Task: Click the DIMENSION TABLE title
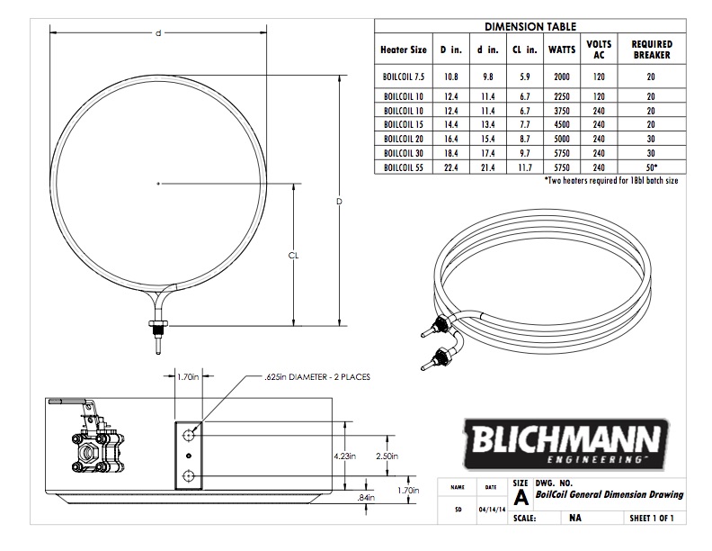tap(530, 26)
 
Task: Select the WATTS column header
tap(562, 50)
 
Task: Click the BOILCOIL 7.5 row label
tap(404, 77)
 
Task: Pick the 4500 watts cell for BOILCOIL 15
tap(562, 124)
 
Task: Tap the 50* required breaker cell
tap(652, 167)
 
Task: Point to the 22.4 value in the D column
tap(451, 167)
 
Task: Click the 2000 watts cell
tap(562, 77)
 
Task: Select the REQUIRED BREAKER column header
tap(652, 50)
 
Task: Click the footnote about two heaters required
tap(610, 180)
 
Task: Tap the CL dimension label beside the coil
tap(293, 256)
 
